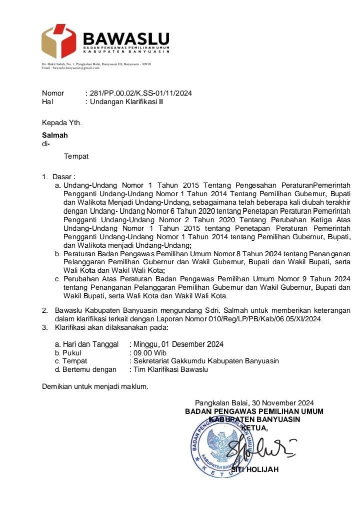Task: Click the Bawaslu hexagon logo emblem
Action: tap(59, 41)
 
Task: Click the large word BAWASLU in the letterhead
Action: tap(126, 38)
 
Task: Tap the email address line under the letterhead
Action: tap(70, 68)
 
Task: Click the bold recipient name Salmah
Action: tap(54, 135)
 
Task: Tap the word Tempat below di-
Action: tap(76, 156)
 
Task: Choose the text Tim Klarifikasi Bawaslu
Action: tap(170, 369)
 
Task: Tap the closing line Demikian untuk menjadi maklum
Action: tap(95, 386)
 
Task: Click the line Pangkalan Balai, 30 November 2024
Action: tap(254, 402)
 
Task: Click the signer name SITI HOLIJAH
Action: tap(255, 469)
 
